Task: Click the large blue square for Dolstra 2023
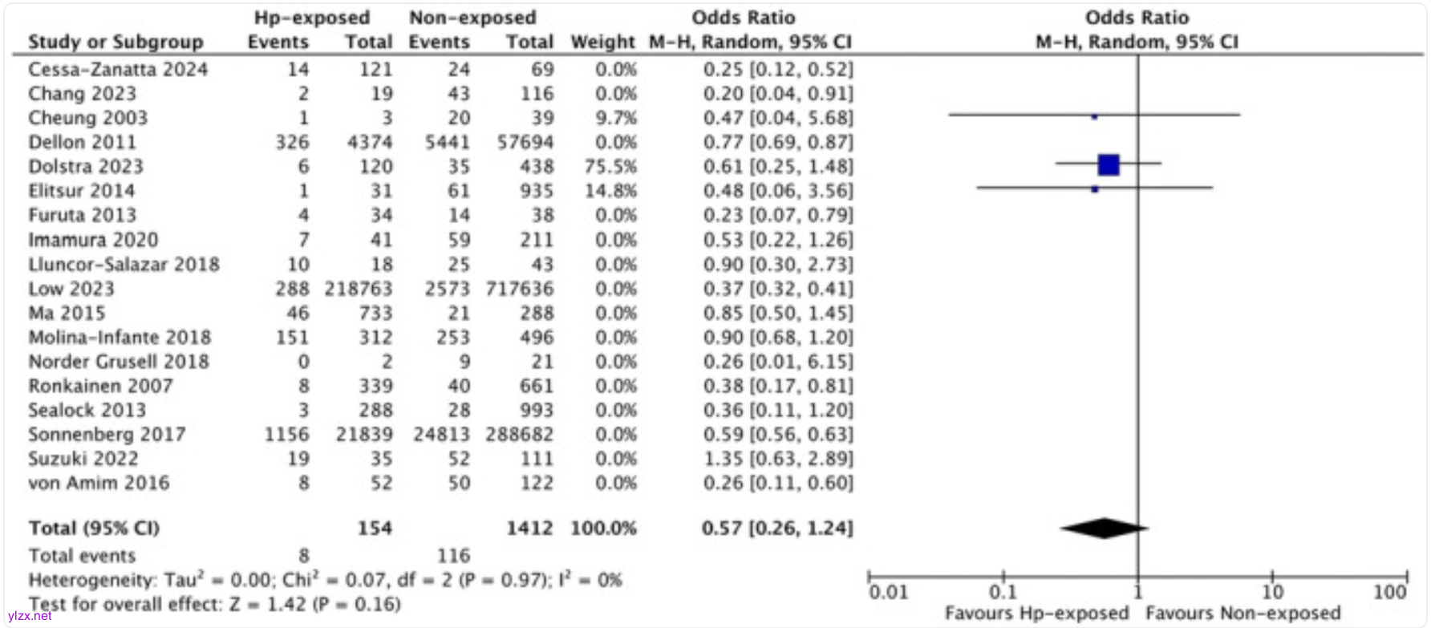1109,164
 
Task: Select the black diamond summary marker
1105,529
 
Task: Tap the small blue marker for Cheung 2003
1094,117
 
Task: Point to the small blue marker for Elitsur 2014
1095,189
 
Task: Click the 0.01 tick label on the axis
888,593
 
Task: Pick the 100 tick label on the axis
1389,593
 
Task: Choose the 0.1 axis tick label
1003,593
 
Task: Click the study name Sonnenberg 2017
107,435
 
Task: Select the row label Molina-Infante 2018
120,338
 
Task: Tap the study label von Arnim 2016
99,483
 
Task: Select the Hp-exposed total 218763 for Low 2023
359,289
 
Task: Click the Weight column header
602,42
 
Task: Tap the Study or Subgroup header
116,42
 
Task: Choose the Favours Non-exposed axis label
1242,614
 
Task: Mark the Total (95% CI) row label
94,529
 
